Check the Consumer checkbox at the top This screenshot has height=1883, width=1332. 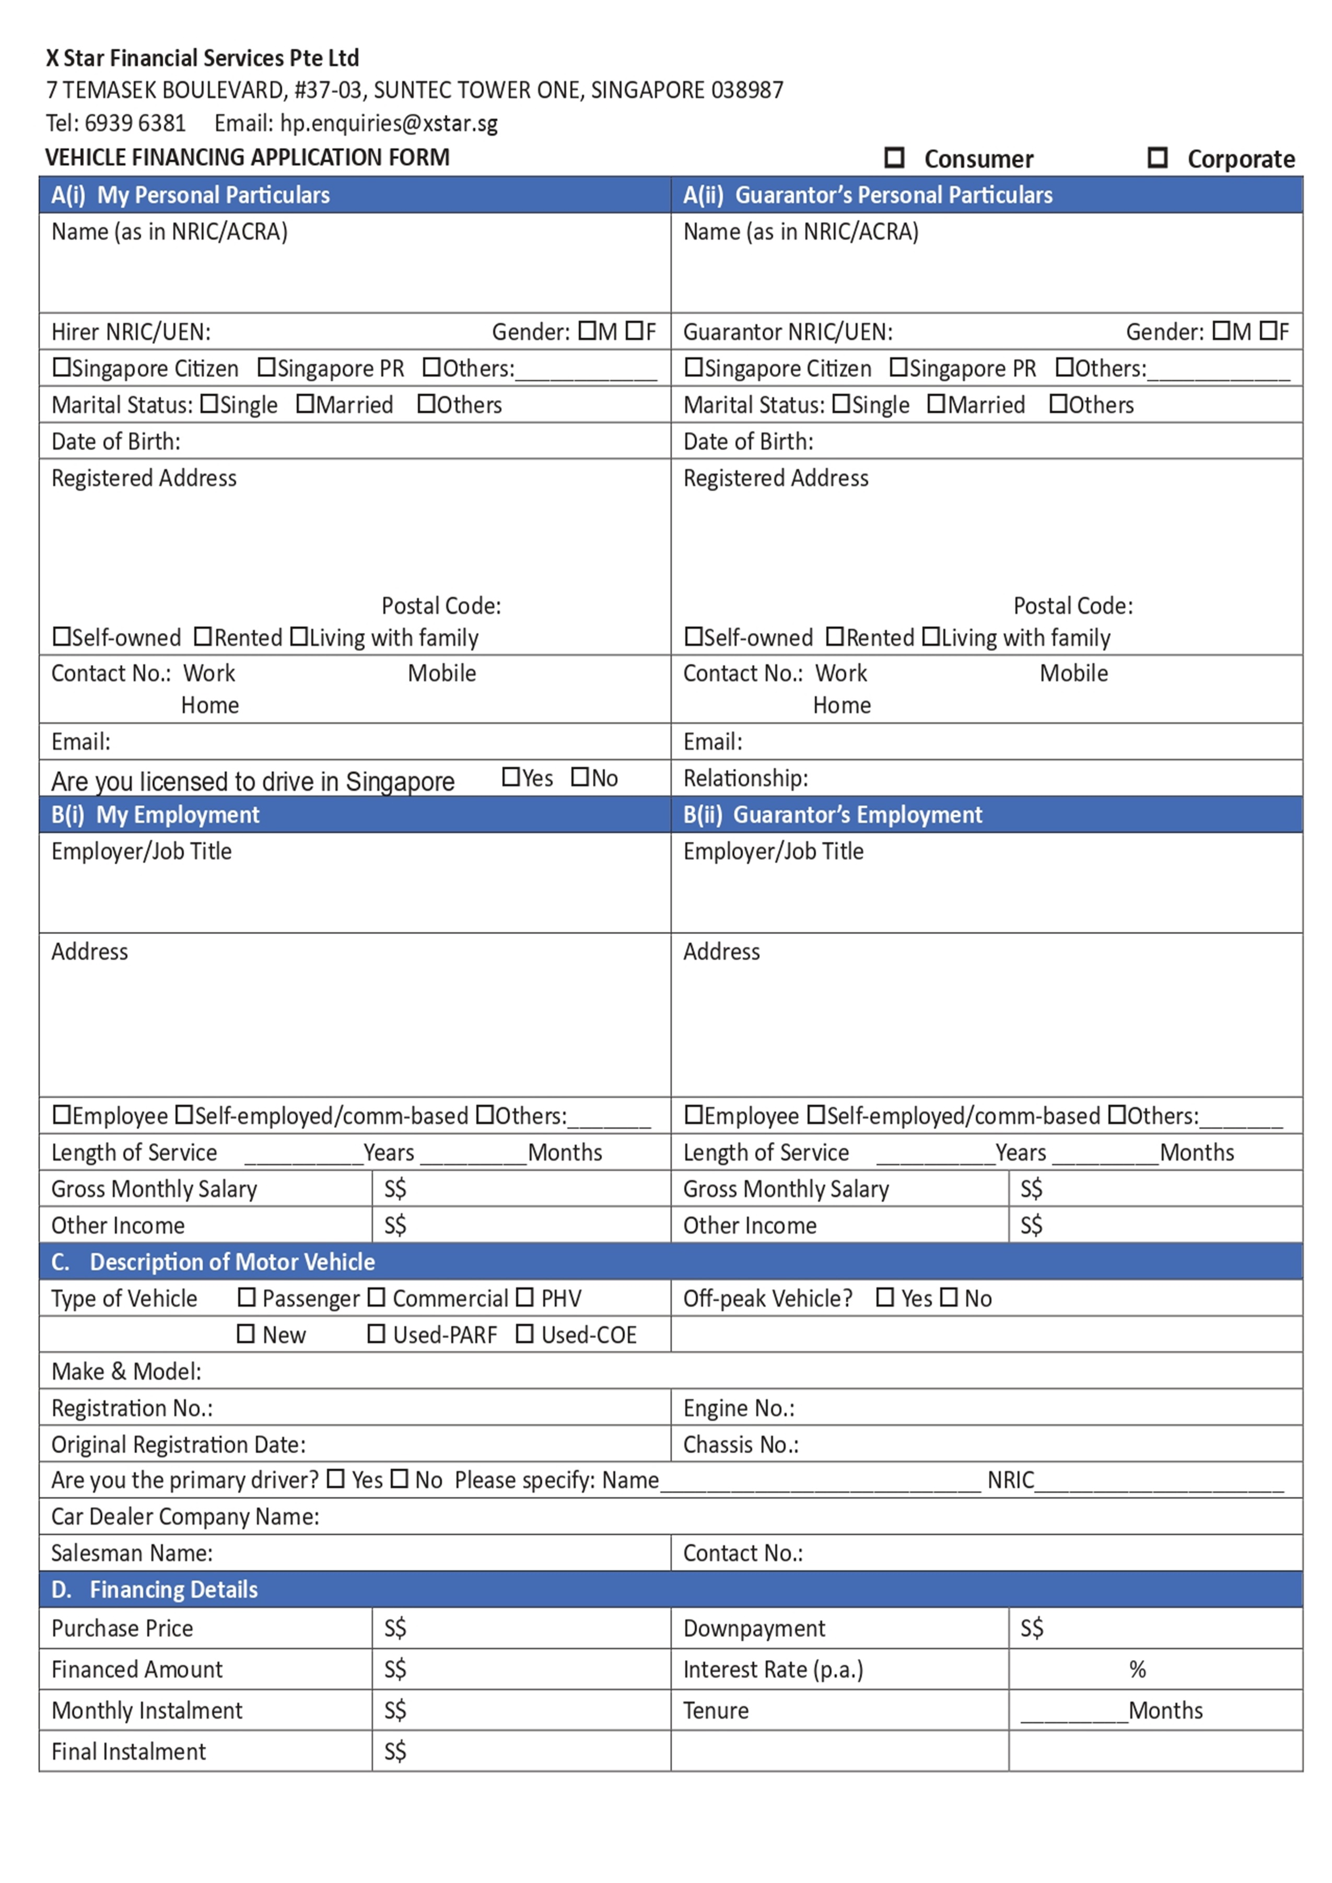pyautogui.click(x=894, y=158)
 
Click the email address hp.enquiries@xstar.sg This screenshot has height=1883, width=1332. pyautogui.click(x=388, y=123)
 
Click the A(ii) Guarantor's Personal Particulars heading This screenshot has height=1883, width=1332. pyautogui.click(x=867, y=195)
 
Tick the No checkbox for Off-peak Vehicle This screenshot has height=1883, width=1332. pyautogui.click(x=949, y=1298)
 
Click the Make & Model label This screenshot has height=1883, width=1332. pyautogui.click(x=126, y=1371)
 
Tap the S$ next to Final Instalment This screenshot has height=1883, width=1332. pyautogui.click(x=395, y=1752)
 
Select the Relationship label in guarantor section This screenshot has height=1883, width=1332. pyautogui.click(x=745, y=778)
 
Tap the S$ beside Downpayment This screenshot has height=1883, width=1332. pyautogui.click(x=1032, y=1628)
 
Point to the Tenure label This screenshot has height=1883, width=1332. pyautogui.click(x=716, y=1711)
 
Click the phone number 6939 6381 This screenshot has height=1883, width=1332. pyautogui.click(x=135, y=123)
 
